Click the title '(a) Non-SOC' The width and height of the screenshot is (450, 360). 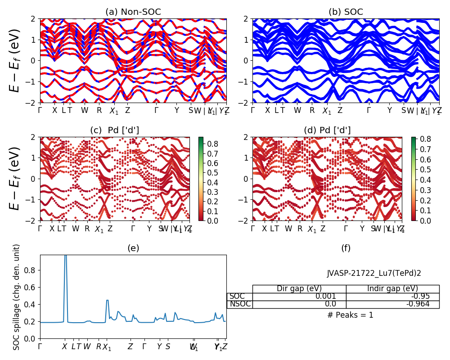click(133, 12)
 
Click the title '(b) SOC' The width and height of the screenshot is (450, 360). click(346, 12)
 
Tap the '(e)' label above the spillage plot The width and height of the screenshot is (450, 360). click(133, 248)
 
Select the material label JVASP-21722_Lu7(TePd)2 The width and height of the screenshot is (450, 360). click(374, 273)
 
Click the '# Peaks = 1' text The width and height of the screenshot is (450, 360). click(350, 315)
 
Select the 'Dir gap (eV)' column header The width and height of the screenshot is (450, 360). click(299, 289)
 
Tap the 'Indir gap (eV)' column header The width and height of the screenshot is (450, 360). click(392, 289)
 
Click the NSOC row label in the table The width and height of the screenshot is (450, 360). click(240, 304)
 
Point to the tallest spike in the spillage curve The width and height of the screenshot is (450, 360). click(66, 256)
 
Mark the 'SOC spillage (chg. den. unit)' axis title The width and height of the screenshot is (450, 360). click(17, 297)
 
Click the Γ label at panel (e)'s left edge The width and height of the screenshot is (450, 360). click(40, 346)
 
